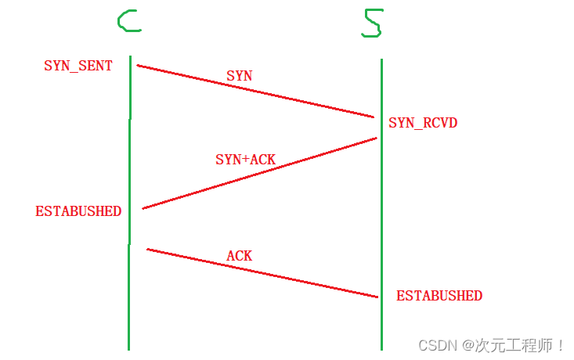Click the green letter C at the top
(x=128, y=22)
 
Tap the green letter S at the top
(x=372, y=23)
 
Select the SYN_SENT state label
(x=78, y=66)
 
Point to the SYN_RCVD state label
(x=423, y=123)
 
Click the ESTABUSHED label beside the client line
(x=78, y=211)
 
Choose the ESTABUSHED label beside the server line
(x=439, y=296)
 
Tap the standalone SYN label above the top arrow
(x=239, y=76)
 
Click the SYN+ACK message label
(x=245, y=160)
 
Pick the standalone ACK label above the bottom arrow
(x=239, y=256)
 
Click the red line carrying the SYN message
(x=255, y=91)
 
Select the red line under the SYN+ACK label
(x=260, y=174)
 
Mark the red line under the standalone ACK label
(x=263, y=273)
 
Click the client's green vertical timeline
(x=129, y=297)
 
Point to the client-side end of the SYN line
(x=139, y=65)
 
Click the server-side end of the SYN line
(x=374, y=117)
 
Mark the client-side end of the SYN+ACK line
(x=144, y=208)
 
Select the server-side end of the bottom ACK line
(x=377, y=297)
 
